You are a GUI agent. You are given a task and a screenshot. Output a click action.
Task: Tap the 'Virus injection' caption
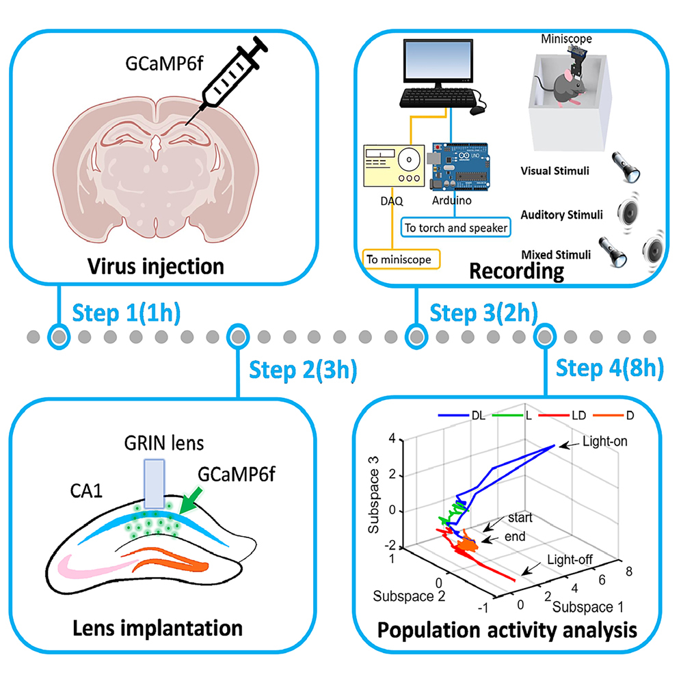[x=155, y=265]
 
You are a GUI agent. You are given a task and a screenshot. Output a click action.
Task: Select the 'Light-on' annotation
[x=606, y=442]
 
